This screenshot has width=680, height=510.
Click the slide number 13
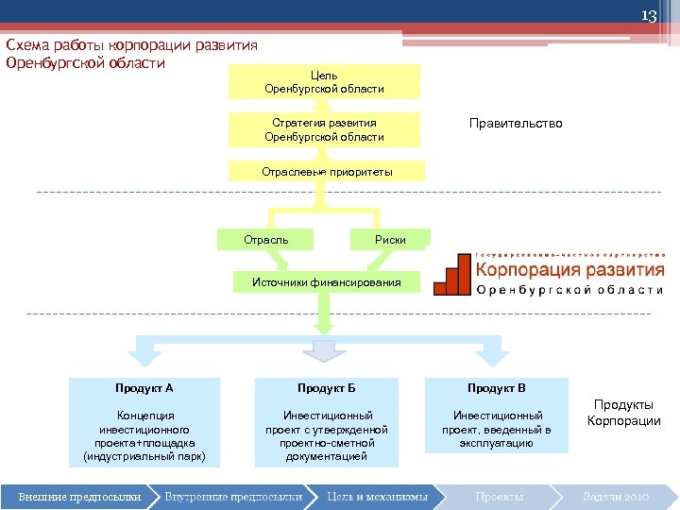pyautogui.click(x=649, y=16)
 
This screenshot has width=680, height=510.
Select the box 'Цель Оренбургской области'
pyautogui.click(x=324, y=81)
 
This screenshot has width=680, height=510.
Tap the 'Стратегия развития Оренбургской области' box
pyautogui.click(x=324, y=129)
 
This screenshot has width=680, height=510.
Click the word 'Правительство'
pyautogui.click(x=516, y=124)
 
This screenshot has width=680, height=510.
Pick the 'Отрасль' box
pyautogui.click(x=265, y=240)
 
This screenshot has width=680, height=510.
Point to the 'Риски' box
pyautogui.click(x=390, y=240)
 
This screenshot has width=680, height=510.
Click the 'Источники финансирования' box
pyautogui.click(x=326, y=281)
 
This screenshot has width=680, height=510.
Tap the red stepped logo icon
pyautogui.click(x=452, y=276)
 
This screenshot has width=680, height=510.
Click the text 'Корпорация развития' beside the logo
pyautogui.click(x=569, y=270)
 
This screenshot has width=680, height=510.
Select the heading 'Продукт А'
pyautogui.click(x=144, y=388)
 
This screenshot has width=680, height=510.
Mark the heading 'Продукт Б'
pyautogui.click(x=326, y=388)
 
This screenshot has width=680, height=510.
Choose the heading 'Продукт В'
pyautogui.click(x=497, y=388)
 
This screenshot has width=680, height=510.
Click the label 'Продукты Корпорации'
pyautogui.click(x=624, y=413)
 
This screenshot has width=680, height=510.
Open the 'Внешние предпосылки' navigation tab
pyautogui.click(x=80, y=496)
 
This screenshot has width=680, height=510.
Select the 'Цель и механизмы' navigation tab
pyautogui.click(x=377, y=496)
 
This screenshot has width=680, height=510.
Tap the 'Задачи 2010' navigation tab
pyautogui.click(x=615, y=496)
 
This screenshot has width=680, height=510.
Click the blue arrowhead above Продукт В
pyautogui.click(x=495, y=356)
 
